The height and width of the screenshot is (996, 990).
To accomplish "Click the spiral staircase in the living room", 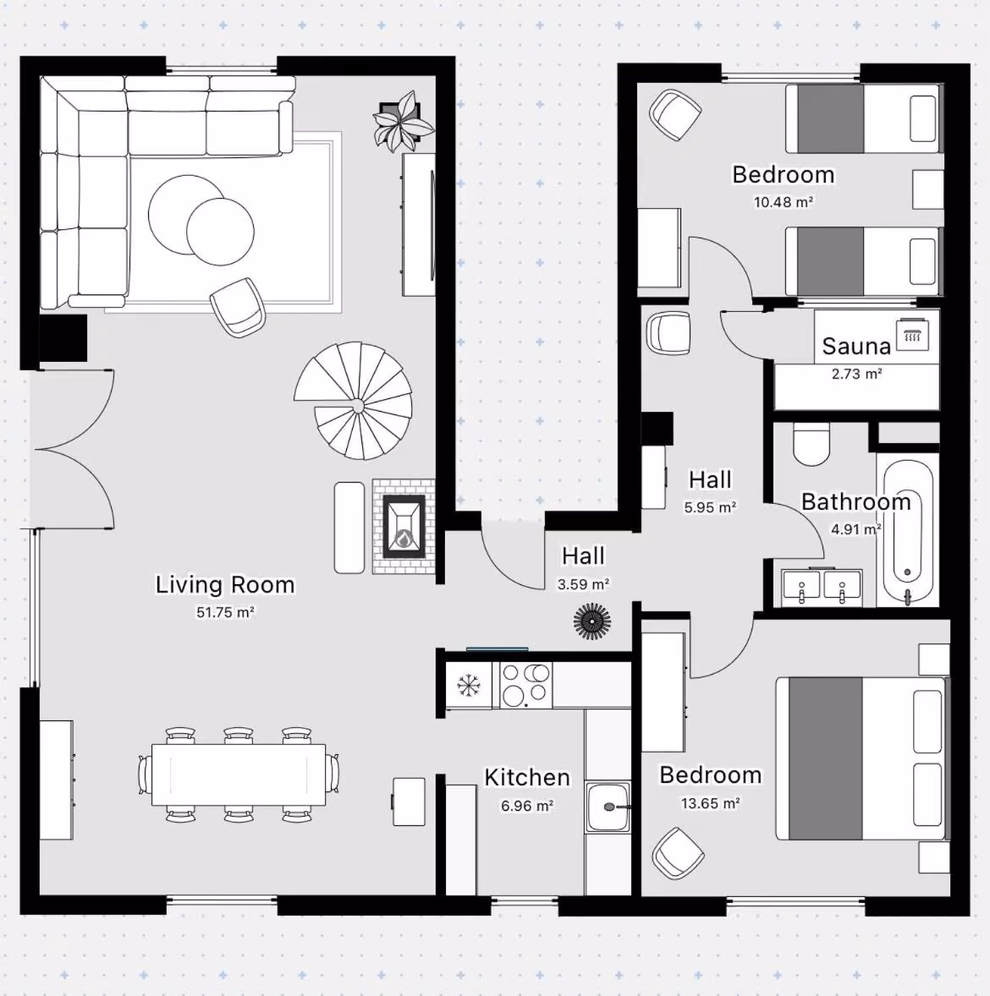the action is coord(354,400).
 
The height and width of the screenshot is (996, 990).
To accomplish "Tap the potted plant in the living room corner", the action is coord(402,121).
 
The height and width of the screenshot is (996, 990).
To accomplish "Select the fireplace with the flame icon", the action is coord(404,527).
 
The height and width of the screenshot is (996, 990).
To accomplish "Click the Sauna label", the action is coord(855,346).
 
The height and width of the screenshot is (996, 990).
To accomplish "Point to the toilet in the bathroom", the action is coord(811,443).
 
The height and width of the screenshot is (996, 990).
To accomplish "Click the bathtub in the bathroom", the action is coord(907,532).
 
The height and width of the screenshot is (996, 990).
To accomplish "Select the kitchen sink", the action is coord(608,807).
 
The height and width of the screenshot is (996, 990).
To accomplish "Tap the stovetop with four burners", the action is coord(525,685).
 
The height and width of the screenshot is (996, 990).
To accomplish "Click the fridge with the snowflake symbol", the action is coord(469,686).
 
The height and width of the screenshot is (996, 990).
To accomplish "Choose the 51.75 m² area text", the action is coord(225,612).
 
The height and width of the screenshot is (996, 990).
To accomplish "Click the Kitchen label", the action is coord(527,778).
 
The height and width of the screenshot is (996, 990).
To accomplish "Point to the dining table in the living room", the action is coord(239,775).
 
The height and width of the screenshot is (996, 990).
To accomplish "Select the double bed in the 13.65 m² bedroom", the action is coord(861,758).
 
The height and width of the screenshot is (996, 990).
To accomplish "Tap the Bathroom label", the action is coord(855,502).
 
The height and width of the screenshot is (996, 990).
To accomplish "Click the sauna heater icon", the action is coord(912,335).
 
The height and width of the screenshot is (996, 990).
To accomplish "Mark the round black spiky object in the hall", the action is coord(592,621).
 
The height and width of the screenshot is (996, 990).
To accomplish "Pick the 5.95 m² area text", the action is coord(710,507).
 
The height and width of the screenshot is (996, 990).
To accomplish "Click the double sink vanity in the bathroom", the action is coord(822,586).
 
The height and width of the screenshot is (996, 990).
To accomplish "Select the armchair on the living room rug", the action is coord(238,307).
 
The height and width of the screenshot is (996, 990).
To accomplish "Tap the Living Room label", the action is coord(225,585).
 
